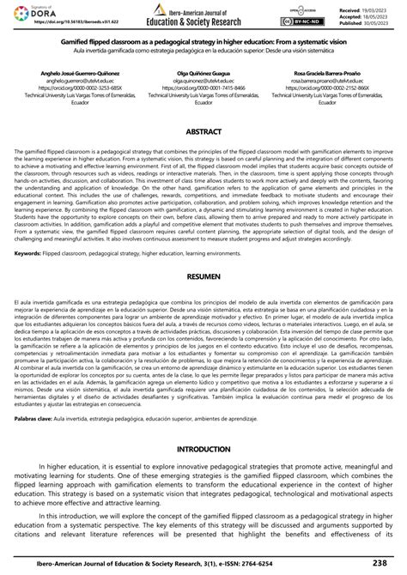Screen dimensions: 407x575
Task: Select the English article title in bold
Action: tap(203, 40)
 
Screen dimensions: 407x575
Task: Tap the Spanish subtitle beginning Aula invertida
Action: tap(203, 48)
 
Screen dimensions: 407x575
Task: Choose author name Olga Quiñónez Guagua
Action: tap(203, 76)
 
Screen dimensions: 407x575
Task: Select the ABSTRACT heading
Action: tap(203, 132)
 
